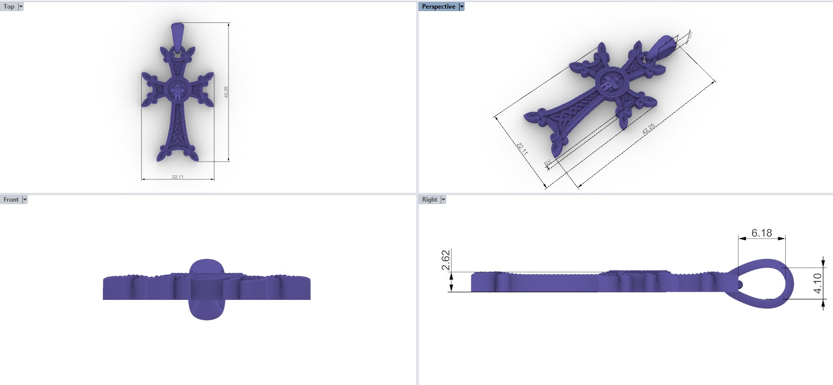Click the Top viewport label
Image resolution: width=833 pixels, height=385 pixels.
click(9, 7)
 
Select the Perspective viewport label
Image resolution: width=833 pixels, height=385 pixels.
click(438, 7)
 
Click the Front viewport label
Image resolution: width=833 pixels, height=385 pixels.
click(11, 200)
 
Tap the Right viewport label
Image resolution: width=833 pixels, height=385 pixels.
click(429, 200)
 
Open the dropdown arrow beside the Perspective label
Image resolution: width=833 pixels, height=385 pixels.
click(461, 7)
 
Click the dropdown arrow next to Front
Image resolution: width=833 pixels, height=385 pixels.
click(25, 200)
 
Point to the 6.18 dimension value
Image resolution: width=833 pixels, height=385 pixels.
click(762, 233)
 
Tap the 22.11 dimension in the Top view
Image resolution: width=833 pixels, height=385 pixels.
click(177, 177)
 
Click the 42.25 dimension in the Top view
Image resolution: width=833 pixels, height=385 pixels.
click(226, 92)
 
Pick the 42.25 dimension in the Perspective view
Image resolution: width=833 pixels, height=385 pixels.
click(648, 129)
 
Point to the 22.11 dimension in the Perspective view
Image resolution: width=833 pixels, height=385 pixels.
click(522, 149)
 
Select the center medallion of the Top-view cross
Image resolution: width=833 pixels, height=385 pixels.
click(177, 92)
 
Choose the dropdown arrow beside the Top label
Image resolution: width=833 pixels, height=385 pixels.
click(21, 7)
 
